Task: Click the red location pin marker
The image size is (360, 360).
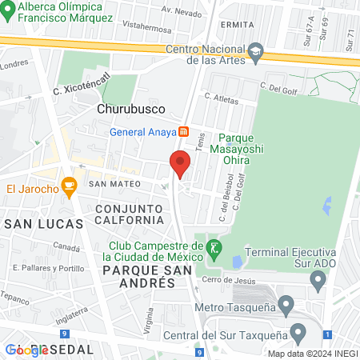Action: pyautogui.click(x=180, y=164)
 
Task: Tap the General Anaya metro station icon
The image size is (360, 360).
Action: pyautogui.click(x=183, y=131)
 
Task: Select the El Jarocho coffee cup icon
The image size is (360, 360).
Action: pyautogui.click(x=69, y=189)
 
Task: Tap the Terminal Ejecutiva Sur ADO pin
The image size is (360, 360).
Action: pyautogui.click(x=318, y=281)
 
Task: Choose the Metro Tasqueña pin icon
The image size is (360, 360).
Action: pyautogui.click(x=286, y=304)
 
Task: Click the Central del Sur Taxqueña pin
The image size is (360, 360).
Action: pyautogui.click(x=299, y=331)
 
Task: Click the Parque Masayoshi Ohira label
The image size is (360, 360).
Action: pyautogui.click(x=230, y=147)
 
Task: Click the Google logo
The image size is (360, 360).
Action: pyautogui.click(x=27, y=350)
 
